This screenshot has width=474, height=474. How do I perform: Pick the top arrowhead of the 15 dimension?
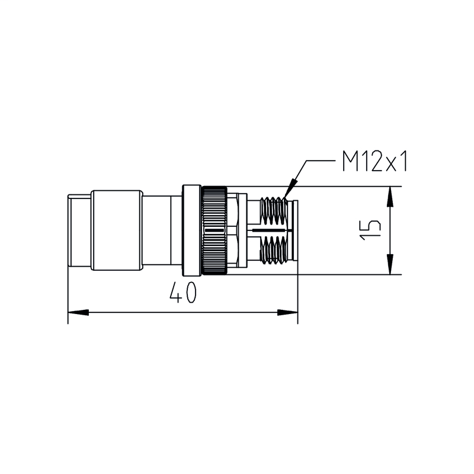[390, 196]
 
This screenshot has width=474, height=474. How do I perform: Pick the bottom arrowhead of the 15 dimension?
[390, 267]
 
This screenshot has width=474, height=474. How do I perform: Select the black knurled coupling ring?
[214, 230]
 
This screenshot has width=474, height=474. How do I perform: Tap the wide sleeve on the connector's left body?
[116, 230]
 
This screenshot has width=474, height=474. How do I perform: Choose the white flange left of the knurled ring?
[191, 230]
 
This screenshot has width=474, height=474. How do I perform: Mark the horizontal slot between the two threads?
[270, 229]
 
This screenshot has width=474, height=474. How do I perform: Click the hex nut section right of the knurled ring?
[237, 230]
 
